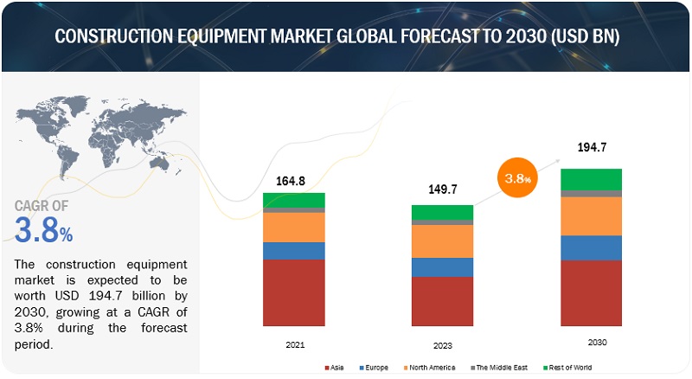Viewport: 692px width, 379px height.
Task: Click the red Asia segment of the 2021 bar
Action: [294, 292]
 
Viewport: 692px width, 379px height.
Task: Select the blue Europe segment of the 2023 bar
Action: [442, 267]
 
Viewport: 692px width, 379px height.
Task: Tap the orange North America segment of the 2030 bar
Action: [591, 216]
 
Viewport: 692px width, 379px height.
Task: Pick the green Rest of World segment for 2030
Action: [591, 179]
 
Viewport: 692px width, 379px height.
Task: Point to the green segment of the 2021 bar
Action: [294, 200]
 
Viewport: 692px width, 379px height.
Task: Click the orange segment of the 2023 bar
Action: [442, 241]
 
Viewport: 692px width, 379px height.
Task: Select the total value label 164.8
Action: [291, 182]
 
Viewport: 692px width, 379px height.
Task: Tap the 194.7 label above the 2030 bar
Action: [593, 148]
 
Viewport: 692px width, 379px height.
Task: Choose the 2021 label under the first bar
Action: [294, 344]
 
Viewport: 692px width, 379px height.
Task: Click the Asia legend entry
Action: [336, 367]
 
